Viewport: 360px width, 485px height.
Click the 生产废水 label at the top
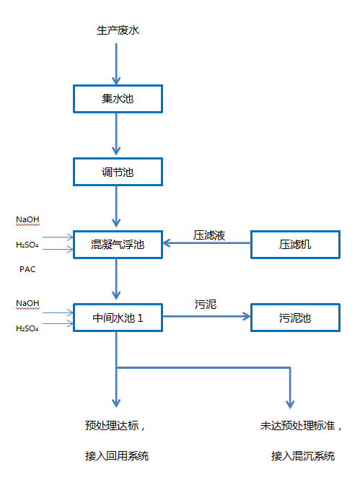pos(117,31)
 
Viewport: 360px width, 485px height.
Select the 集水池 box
pos(118,99)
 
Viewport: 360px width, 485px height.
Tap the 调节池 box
pos(118,172)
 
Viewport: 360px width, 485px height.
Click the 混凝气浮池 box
pos(118,245)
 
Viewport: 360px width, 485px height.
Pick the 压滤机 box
pos(294,245)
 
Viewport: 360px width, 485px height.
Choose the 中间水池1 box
pos(118,318)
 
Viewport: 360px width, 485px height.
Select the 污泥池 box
pos(294,318)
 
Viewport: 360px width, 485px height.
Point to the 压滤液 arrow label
pos(209,235)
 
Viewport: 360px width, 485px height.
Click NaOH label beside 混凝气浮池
pos(27,219)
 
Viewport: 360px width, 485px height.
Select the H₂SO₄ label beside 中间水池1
pos(27,328)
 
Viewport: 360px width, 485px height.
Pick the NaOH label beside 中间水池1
pos(27,303)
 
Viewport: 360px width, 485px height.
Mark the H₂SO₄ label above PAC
pos(27,245)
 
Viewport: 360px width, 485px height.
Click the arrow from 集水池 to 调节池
pos(117,136)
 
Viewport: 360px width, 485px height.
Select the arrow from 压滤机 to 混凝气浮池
pos(206,245)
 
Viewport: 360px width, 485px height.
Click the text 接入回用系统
pos(117,455)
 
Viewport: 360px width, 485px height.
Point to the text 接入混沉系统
pos(303,455)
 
